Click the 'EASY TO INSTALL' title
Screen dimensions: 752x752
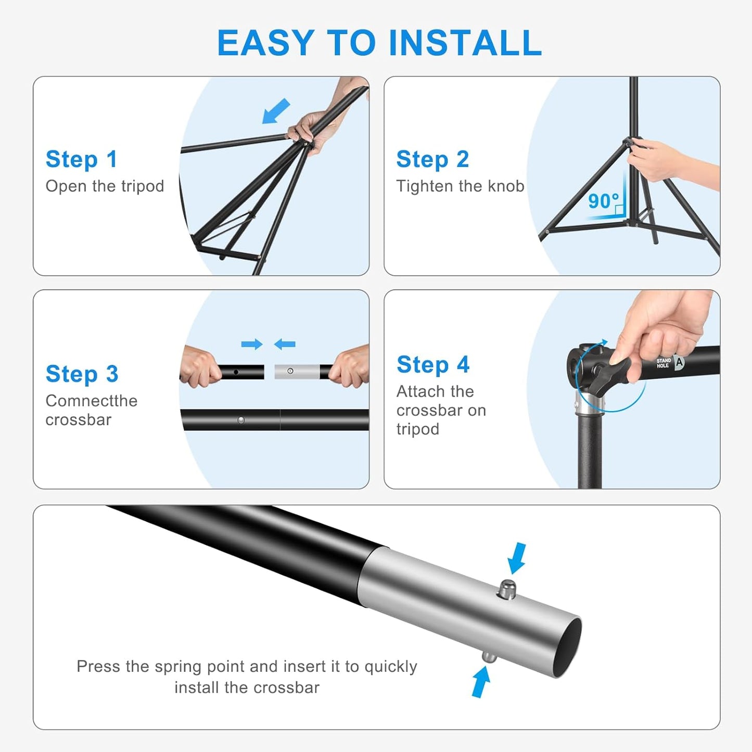click(x=379, y=43)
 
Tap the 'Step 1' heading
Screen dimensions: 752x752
click(x=82, y=159)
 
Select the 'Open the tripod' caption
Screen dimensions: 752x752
click(x=105, y=186)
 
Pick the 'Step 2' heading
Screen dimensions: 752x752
click(x=432, y=159)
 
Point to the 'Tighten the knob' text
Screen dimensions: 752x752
click(x=460, y=186)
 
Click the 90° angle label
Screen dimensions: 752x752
click(x=603, y=201)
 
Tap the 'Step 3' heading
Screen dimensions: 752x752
click(x=82, y=374)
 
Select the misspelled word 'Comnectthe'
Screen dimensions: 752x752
click(x=92, y=401)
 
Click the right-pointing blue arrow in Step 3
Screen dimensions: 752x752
click(x=252, y=344)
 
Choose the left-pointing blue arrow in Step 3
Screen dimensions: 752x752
click(x=285, y=344)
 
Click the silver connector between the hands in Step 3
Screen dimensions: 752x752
click(x=297, y=372)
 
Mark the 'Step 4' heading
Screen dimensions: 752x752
click(x=433, y=364)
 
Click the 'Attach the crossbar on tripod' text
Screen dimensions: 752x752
click(x=441, y=410)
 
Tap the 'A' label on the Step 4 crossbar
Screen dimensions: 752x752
click(x=679, y=362)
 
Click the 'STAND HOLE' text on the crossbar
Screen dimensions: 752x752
click(x=664, y=363)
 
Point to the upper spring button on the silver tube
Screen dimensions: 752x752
click(x=506, y=589)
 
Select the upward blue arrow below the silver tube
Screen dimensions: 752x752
click(x=481, y=682)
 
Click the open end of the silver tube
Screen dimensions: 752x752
click(x=566, y=648)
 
